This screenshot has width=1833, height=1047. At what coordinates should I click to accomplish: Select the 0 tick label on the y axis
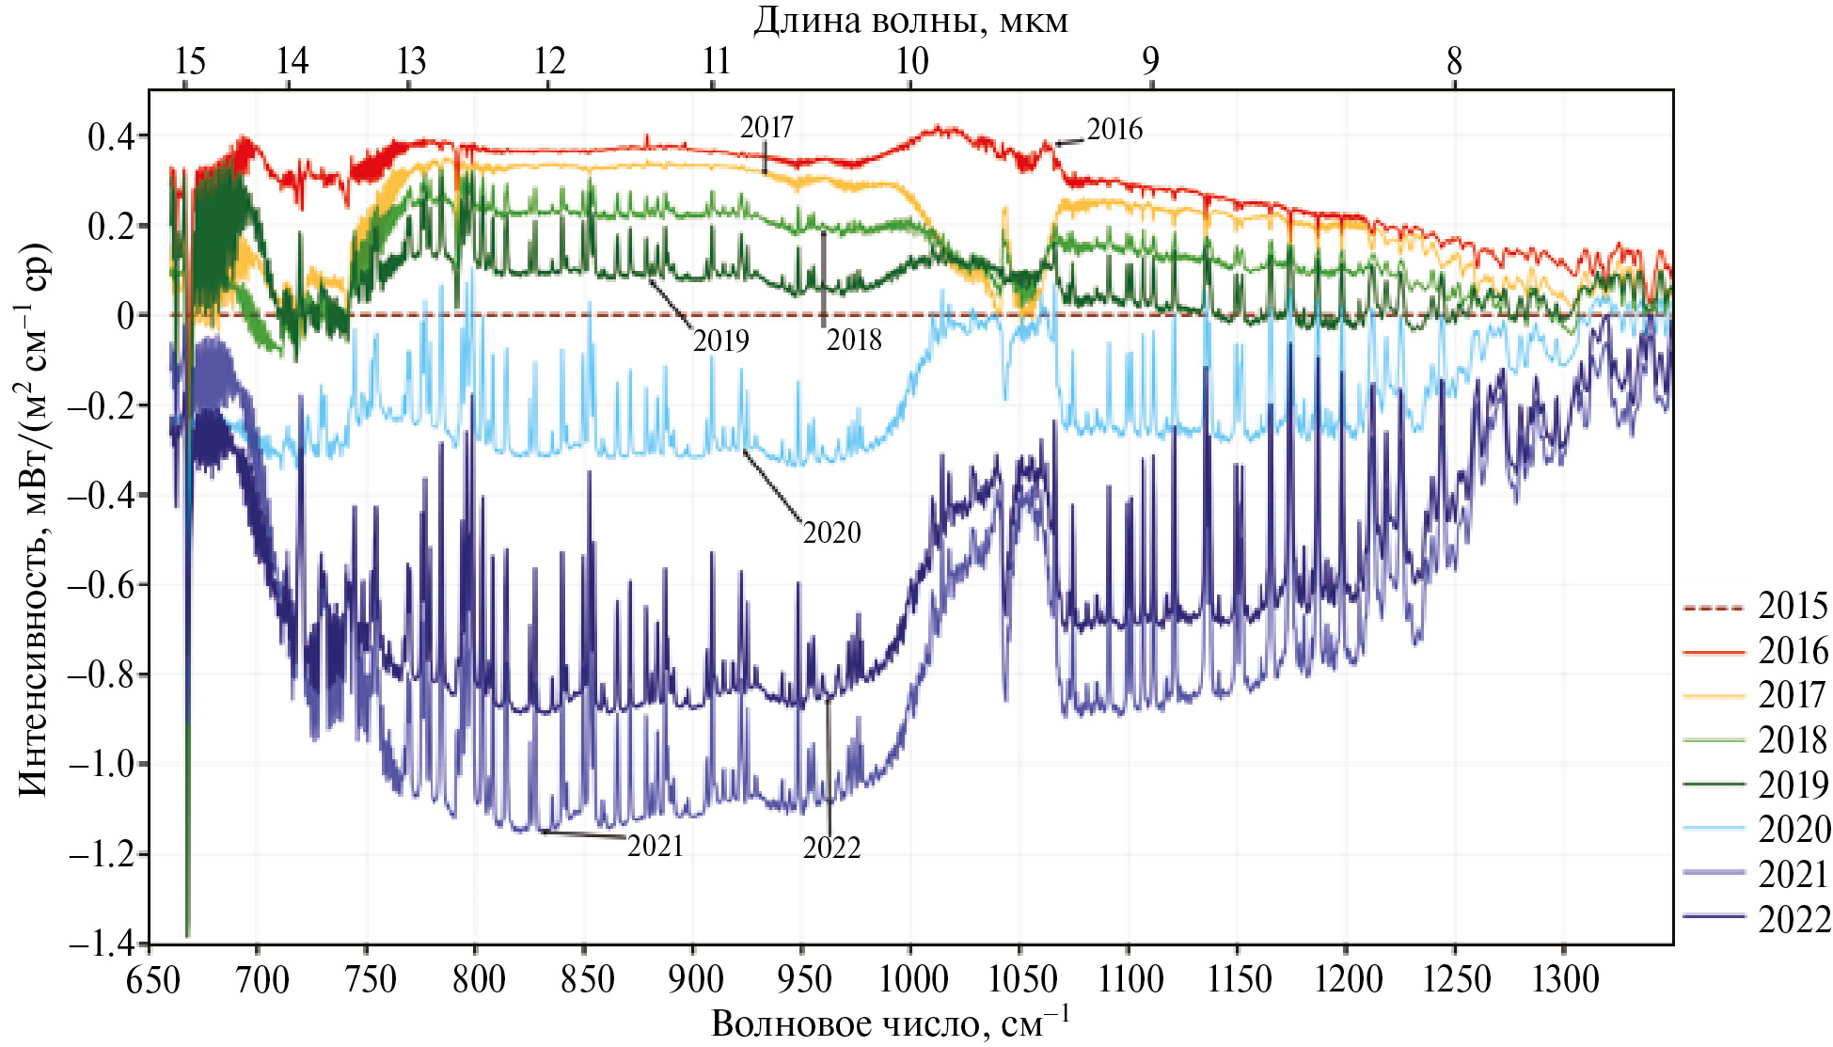click(126, 316)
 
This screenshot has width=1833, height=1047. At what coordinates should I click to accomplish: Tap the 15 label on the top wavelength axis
click(189, 62)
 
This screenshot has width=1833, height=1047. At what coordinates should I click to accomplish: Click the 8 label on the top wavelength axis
click(1454, 62)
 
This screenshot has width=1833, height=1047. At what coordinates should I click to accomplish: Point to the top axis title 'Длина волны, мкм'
click(910, 21)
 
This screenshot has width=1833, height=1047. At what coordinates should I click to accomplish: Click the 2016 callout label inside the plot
click(1114, 130)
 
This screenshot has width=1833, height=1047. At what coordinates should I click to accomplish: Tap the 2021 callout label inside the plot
click(655, 847)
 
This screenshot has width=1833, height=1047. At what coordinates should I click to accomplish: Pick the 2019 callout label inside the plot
click(720, 341)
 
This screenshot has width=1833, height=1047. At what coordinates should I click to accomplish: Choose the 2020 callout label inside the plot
click(831, 533)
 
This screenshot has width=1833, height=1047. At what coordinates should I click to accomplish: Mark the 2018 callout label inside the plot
click(854, 341)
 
